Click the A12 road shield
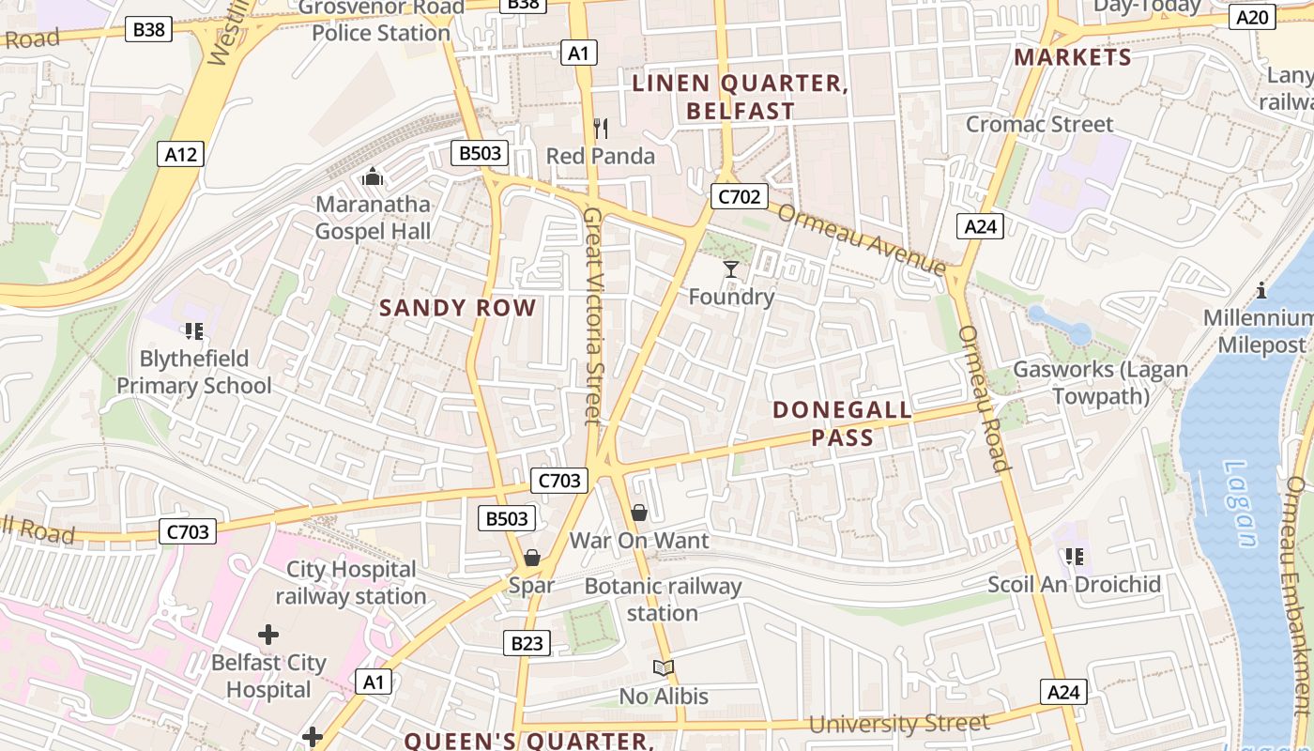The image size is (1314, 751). pos(180,155)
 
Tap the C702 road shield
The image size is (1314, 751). pos(739,196)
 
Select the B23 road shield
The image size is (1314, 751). pos(527,643)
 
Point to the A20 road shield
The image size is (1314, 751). pos(1252,16)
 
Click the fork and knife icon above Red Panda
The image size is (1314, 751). pos(601,129)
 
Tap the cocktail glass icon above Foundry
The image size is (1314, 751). pos(731,270)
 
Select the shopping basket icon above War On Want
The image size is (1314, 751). pos(639,513)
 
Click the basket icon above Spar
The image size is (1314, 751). pos(532,559)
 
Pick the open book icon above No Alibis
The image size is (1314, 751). pos(664,668)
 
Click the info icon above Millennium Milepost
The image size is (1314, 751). pos(1261,290)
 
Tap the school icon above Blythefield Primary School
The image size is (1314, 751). pos(194,330)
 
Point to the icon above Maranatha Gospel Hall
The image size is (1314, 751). pos(373,176)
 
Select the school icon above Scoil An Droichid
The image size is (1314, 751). pos(1075,557)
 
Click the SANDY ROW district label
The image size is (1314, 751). pos(458,308)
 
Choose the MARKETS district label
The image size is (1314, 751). pos(1073,57)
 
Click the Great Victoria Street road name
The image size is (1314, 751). pos(593,314)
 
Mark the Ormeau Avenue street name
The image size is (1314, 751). pos(862,239)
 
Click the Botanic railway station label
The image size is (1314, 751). pos(663,600)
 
